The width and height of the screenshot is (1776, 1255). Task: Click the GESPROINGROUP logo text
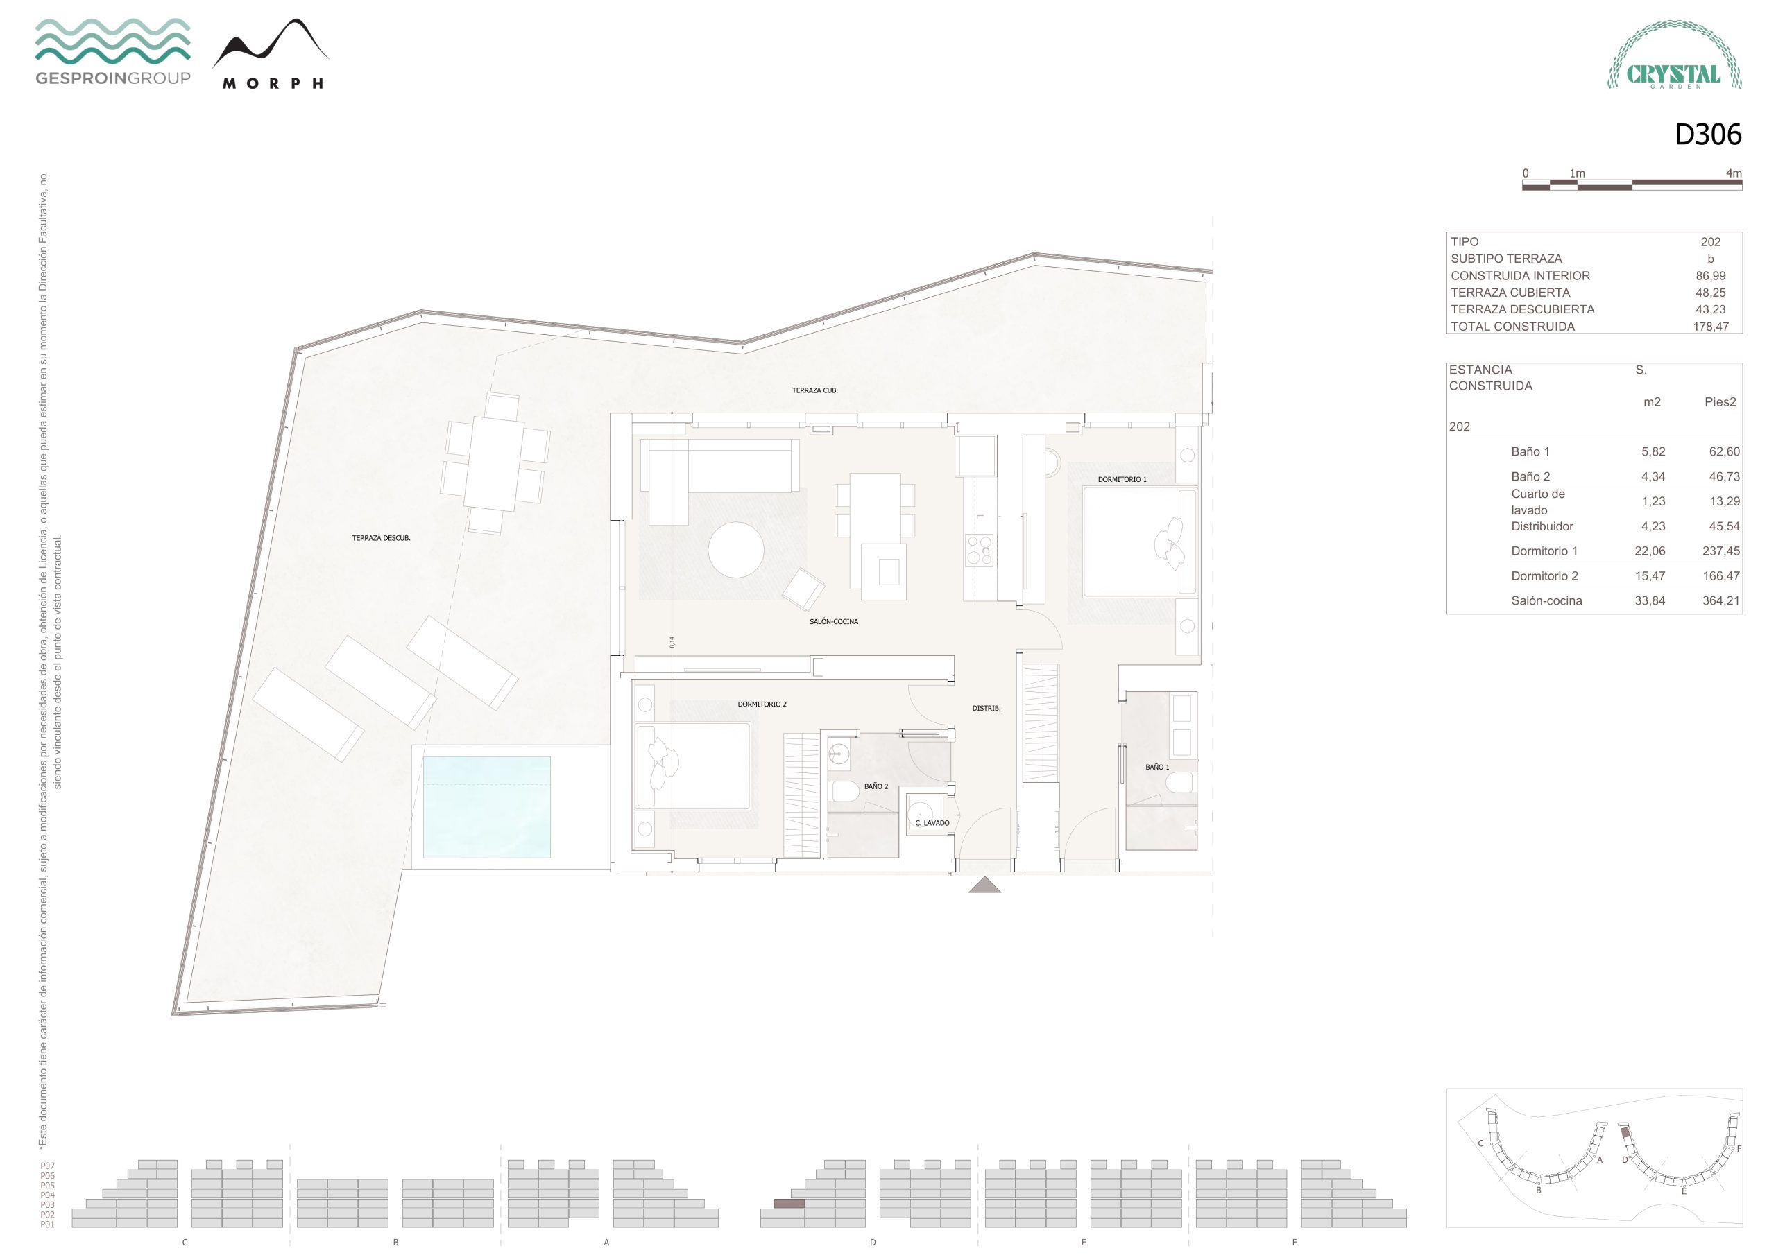pyautogui.click(x=113, y=78)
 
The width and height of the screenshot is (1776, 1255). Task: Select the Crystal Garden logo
pyautogui.click(x=1675, y=55)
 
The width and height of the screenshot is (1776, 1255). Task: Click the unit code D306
pyautogui.click(x=1708, y=135)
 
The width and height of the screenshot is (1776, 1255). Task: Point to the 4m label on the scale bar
pyautogui.click(x=1734, y=173)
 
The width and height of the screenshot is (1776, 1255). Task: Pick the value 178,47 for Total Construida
pyautogui.click(x=1710, y=327)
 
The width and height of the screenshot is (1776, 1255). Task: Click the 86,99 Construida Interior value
pyautogui.click(x=1710, y=275)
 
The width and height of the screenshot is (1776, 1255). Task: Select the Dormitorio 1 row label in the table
pyautogui.click(x=1544, y=551)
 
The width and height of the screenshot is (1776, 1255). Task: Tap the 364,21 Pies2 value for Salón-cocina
pyautogui.click(x=1720, y=600)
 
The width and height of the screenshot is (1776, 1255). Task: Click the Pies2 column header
pyautogui.click(x=1720, y=401)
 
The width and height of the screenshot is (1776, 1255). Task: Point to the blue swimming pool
pyautogui.click(x=486, y=806)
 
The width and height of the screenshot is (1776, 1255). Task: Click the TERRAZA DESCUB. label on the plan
pyautogui.click(x=382, y=538)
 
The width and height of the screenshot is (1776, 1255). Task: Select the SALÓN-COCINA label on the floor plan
pyautogui.click(x=834, y=622)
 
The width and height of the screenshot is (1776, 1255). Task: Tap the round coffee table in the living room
pyautogui.click(x=736, y=550)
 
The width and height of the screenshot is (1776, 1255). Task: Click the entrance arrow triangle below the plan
pyautogui.click(x=984, y=885)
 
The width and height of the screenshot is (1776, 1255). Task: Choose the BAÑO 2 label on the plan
pyautogui.click(x=876, y=786)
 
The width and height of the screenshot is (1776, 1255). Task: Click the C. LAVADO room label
pyautogui.click(x=932, y=823)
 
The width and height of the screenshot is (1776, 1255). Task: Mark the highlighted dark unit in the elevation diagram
pyautogui.click(x=789, y=1203)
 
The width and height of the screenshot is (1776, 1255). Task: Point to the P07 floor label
pyautogui.click(x=48, y=1166)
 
